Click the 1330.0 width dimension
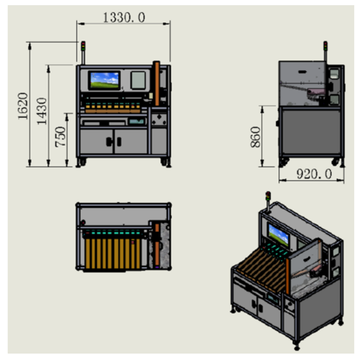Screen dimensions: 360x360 (x=124, y=18)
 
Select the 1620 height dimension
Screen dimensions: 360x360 (x=23, y=106)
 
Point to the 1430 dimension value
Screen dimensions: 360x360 (x=42, y=111)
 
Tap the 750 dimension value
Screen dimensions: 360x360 (x=60, y=137)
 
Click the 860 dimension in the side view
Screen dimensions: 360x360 (x=255, y=137)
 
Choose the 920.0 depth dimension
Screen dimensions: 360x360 (x=314, y=174)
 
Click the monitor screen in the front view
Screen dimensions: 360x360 (x=105, y=81)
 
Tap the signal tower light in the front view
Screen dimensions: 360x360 (x=83, y=46)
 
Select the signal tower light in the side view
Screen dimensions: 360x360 (x=325, y=46)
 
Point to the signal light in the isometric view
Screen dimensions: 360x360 (x=268, y=196)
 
